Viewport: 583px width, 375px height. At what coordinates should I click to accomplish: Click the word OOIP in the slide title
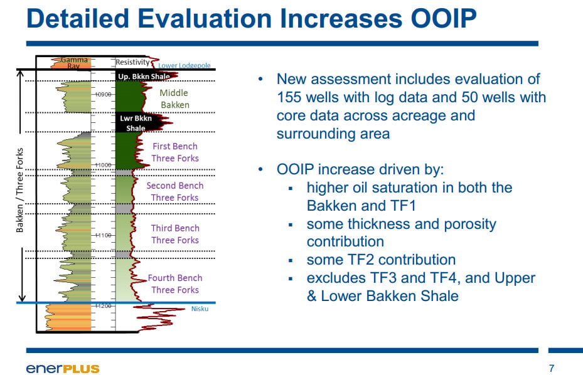pos(443,18)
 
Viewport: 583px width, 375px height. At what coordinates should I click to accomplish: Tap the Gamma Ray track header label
pos(74,63)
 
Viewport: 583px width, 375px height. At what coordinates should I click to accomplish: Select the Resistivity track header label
pos(132,62)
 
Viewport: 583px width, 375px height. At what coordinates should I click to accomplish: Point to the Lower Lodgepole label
pos(185,65)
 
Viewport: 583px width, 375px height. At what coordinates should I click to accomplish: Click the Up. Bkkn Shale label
pos(144,76)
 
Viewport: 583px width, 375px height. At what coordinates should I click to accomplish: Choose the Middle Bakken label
pos(174,99)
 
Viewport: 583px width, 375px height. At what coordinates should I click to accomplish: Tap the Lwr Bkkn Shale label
pos(136,123)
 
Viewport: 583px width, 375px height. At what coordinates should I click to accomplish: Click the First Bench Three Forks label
pos(174,152)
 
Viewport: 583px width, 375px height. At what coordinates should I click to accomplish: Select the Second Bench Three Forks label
pos(174,191)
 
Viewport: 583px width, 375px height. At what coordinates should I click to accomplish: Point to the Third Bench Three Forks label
pos(175,234)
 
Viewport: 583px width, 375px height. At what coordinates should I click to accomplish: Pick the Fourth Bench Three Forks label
pos(174,283)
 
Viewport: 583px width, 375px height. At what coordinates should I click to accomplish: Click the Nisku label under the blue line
pos(200,309)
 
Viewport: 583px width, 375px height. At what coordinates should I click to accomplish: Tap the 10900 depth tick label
pos(103,95)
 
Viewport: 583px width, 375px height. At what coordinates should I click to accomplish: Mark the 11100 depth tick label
pos(103,235)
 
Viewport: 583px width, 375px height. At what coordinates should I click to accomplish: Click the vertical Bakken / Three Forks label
pos(19,190)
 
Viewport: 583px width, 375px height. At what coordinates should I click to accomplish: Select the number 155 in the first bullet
pos(289,97)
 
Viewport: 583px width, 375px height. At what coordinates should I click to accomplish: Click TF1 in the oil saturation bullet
pos(402,206)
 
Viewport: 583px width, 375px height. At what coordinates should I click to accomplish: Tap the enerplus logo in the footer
pos(63,369)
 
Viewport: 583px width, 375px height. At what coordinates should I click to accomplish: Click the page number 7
pos(552,368)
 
